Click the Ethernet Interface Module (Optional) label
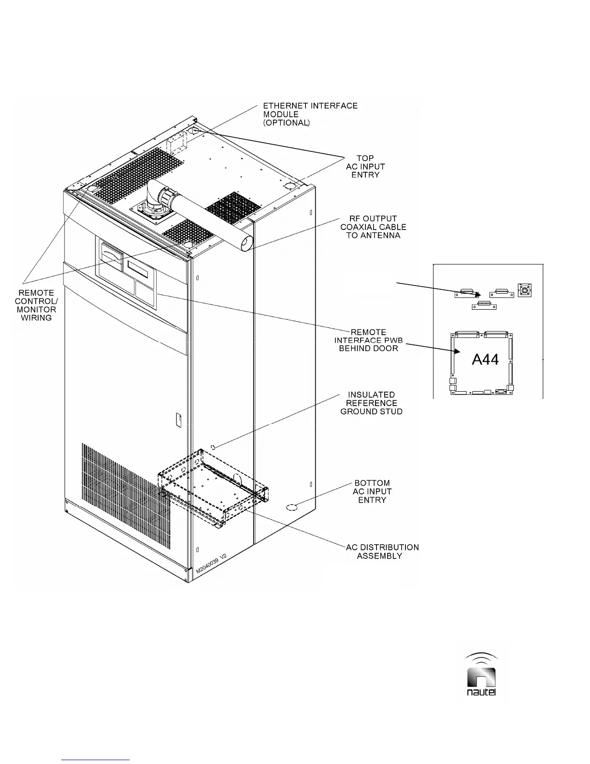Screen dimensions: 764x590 310,114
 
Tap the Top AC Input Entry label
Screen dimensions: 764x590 365,166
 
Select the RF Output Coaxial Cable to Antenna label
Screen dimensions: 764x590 373,227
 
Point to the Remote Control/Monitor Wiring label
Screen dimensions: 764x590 36,305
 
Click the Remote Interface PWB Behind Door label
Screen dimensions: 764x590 368,340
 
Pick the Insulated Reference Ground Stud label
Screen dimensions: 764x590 371,403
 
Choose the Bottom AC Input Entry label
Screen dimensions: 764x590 372,491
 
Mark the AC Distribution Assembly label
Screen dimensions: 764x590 382,552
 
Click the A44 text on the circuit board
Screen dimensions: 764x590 485,359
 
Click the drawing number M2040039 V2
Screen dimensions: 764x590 211,564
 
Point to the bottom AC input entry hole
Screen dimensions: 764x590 292,507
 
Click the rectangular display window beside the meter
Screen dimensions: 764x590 140,267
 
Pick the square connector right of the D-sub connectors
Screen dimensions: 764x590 524,290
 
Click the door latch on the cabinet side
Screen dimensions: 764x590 177,419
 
